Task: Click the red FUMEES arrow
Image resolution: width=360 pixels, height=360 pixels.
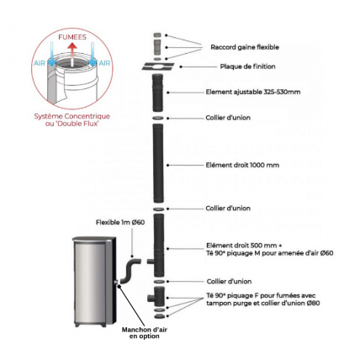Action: coord(72,54)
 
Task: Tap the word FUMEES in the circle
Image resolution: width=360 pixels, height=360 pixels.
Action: coord(72,37)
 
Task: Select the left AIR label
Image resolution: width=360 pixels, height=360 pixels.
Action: coord(40,63)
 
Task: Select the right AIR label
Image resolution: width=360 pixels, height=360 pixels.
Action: coord(104,63)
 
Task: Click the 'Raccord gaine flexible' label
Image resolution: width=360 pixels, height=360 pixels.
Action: coord(245,47)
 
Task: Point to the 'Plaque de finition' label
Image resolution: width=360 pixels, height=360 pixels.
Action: coord(247,66)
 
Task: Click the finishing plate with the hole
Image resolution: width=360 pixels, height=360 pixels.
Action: coord(158,66)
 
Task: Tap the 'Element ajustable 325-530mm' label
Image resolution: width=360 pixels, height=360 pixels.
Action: coord(253,92)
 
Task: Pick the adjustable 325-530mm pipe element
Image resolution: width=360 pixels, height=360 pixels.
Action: coord(157,93)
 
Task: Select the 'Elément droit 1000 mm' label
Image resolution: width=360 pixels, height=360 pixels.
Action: coord(242,165)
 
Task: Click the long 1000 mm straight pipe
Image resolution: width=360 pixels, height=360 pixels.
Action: coord(158,163)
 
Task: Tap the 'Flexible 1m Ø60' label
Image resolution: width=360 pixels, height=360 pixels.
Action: coord(120,222)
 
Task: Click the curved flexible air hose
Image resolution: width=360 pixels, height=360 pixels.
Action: coord(130,271)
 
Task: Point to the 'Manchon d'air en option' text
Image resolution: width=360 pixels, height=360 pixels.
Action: coord(145,333)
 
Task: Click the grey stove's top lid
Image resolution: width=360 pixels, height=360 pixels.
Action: coord(94,239)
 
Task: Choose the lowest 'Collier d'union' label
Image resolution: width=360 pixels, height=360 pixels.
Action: coord(229,282)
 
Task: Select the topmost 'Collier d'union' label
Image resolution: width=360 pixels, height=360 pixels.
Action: coord(228,118)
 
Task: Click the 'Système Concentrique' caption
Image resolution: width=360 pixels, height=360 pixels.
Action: coord(72,116)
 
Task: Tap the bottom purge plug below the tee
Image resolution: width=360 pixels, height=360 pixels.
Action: coord(159,316)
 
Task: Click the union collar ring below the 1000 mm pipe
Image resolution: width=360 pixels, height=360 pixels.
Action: coord(158,209)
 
